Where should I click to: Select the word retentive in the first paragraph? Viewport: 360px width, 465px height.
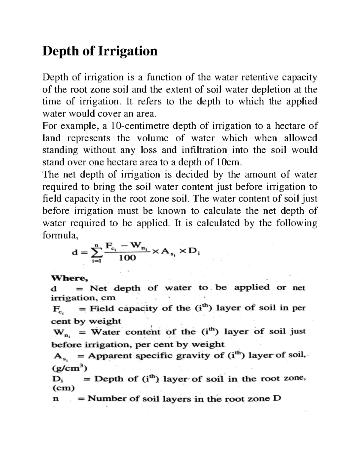coord(263,78)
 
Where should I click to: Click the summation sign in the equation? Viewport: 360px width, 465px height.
coord(95,253)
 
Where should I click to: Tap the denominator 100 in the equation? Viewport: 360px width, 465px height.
coord(127,258)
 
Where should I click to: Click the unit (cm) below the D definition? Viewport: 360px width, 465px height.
coord(63,388)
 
